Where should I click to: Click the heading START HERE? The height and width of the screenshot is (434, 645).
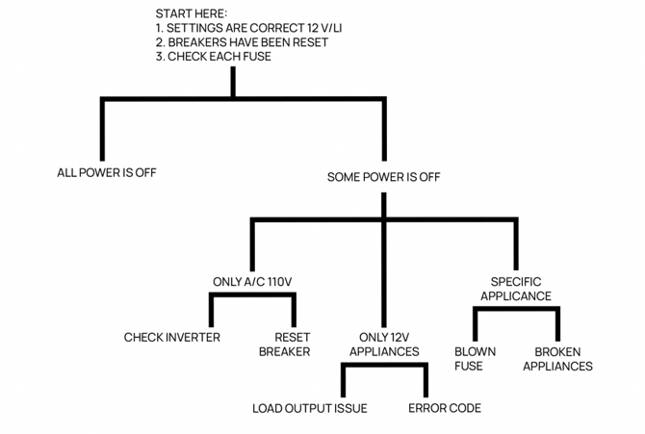[192, 13]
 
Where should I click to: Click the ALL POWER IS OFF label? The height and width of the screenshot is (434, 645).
[107, 173]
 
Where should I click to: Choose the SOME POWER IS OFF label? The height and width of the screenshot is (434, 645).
[384, 177]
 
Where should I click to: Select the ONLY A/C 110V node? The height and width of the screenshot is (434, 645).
[252, 282]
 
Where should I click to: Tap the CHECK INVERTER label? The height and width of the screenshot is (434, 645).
[172, 338]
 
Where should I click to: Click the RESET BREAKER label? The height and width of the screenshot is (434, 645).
[284, 345]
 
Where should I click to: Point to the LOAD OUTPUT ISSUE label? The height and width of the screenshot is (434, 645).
[310, 408]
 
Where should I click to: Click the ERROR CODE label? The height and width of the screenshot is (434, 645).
[445, 408]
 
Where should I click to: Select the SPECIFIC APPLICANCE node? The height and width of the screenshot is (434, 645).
[516, 289]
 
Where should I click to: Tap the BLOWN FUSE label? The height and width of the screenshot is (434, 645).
[475, 359]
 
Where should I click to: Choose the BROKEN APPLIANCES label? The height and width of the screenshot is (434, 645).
[563, 359]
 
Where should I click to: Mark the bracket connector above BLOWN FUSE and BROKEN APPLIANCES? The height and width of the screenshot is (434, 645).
[516, 310]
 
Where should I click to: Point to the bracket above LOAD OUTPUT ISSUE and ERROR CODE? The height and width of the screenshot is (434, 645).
[384, 367]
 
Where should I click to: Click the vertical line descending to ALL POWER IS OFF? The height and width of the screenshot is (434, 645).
[102, 130]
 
